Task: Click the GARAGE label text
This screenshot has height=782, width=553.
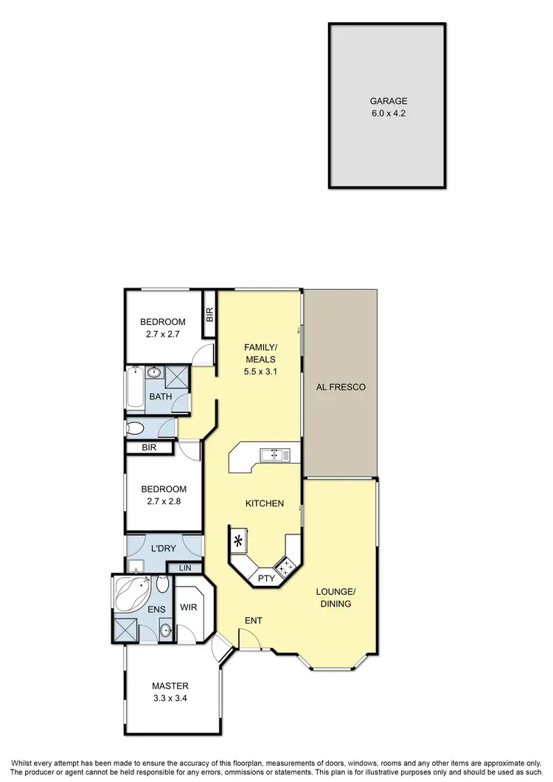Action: [388, 102]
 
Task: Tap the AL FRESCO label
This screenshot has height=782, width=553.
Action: [340, 387]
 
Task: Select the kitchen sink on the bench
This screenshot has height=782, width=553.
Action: [277, 455]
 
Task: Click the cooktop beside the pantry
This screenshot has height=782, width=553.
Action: [285, 566]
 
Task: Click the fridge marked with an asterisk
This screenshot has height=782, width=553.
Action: [239, 542]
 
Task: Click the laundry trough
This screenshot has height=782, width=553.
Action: [135, 566]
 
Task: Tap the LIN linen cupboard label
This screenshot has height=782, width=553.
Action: [184, 568]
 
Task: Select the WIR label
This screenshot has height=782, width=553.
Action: [189, 608]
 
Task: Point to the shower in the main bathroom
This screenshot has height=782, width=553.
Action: [175, 376]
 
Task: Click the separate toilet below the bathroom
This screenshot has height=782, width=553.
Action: [137, 428]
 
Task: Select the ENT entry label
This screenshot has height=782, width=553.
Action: [254, 621]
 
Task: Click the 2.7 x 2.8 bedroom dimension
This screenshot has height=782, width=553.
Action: [163, 503]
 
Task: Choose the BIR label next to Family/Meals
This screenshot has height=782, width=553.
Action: [209, 315]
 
